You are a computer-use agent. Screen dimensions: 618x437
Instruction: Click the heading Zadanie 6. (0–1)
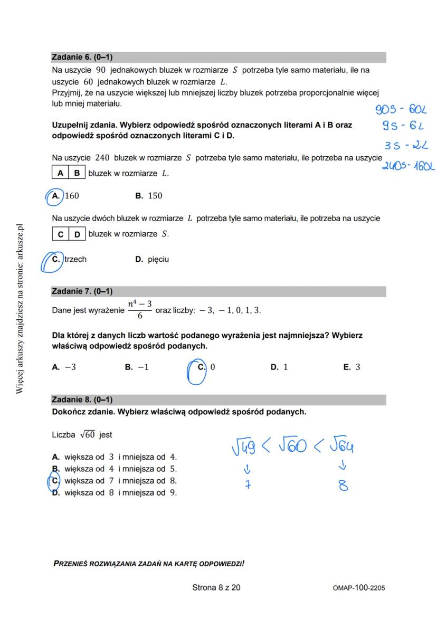pyautogui.click(x=82, y=57)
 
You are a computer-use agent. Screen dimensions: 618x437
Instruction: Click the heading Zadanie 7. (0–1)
pyautogui.click(x=82, y=291)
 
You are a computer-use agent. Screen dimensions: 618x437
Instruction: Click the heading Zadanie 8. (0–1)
pyautogui.click(x=82, y=400)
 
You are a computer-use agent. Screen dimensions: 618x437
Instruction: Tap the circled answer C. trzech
pyautogui.click(x=69, y=259)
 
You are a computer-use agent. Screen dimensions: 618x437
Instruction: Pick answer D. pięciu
pyautogui.click(x=152, y=259)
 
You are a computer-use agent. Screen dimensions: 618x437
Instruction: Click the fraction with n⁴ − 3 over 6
pyautogui.click(x=140, y=310)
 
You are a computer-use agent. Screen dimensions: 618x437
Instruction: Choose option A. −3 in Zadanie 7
pyautogui.click(x=64, y=367)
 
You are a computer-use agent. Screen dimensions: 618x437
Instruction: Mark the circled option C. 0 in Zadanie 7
pyautogui.click(x=206, y=367)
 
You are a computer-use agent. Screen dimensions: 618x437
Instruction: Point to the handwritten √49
pyautogui.click(x=243, y=448)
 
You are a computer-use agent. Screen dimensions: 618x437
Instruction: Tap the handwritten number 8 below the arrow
pyautogui.click(x=343, y=485)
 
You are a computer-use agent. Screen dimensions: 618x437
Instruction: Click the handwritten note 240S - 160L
pyautogui.click(x=408, y=167)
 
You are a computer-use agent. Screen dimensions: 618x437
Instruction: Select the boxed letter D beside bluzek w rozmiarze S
pyautogui.click(x=77, y=234)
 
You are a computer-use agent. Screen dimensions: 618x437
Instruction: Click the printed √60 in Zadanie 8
pyautogui.click(x=87, y=435)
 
